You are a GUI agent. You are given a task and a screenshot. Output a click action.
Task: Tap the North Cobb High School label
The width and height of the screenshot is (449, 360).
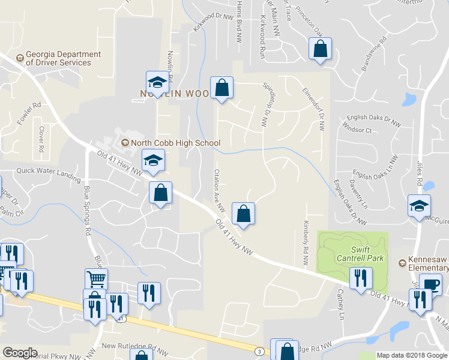pos(170,143)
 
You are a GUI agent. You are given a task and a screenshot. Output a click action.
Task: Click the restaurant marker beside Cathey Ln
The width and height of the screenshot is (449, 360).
pos(361,278)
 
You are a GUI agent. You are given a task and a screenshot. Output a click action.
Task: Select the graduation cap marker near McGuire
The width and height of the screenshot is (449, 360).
pos(419,206)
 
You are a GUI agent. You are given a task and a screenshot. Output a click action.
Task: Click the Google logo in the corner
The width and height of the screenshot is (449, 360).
pos(20,353)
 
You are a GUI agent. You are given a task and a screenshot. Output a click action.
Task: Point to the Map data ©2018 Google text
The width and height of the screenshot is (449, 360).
pos(411,355)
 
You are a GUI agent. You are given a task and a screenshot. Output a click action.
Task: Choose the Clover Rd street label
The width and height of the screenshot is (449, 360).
pos(41,139)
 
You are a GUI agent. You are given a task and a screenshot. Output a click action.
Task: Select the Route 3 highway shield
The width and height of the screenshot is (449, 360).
pos(259,350)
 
